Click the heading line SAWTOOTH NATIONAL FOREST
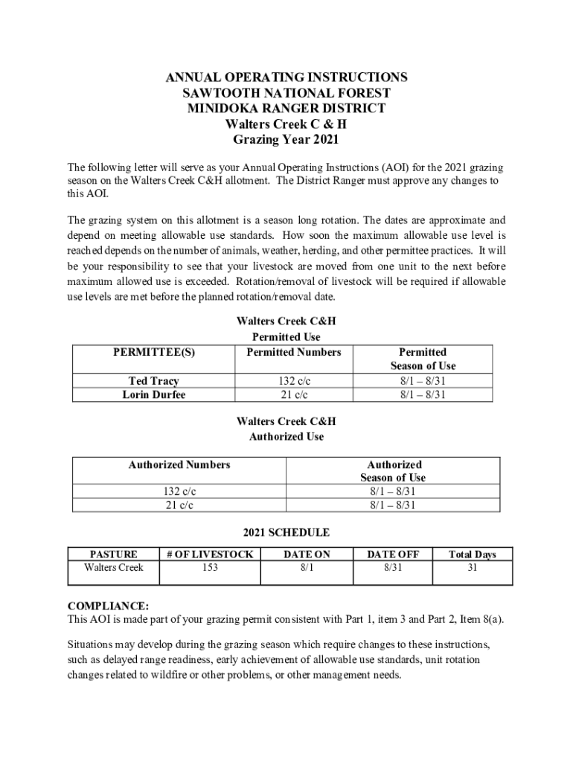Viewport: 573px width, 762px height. (286, 93)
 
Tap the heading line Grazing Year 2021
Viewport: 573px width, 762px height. (286, 139)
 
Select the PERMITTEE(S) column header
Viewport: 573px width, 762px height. (153, 352)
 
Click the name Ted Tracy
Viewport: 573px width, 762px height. (153, 381)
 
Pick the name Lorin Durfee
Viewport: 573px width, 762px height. (153, 394)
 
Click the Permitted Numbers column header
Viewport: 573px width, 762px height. (293, 352)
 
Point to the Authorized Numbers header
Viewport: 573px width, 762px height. (179, 465)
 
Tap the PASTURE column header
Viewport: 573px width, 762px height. (113, 554)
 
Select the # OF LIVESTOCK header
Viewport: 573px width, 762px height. (210, 554)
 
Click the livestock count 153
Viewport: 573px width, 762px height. (210, 568)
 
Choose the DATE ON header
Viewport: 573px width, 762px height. (307, 554)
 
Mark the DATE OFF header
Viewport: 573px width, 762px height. (392, 554)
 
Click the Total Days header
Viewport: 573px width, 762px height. (472, 554)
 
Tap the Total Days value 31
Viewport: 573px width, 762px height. (472, 568)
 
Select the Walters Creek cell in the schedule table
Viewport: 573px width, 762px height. (113, 568)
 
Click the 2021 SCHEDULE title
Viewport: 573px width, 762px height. (286, 533)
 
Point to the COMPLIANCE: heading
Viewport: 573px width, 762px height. (108, 606)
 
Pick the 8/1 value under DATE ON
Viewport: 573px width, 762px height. (307, 568)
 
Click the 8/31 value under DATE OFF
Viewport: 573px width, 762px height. (392, 568)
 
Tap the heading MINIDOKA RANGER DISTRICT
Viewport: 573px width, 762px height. (286, 108)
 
